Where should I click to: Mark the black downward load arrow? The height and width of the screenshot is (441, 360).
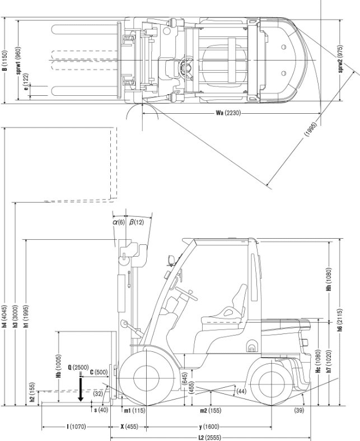(81, 389)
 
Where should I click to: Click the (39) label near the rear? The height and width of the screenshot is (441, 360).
(300, 411)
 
